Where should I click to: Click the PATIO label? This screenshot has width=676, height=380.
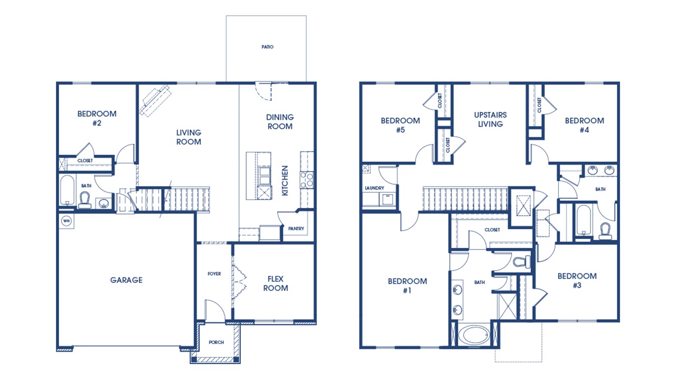click(x=267, y=47)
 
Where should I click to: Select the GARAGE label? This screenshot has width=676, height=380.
click(x=126, y=280)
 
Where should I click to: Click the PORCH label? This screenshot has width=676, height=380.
click(x=216, y=343)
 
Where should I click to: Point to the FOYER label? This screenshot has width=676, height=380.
click(x=214, y=274)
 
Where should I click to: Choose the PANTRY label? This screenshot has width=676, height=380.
click(x=296, y=229)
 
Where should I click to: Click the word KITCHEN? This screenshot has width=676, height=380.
click(x=285, y=181)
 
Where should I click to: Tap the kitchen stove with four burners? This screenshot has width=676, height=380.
click(x=307, y=180)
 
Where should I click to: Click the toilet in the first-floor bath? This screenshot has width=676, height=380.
click(x=84, y=200)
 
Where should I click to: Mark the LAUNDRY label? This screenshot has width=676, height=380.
click(x=373, y=188)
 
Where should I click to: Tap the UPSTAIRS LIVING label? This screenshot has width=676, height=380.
click(x=490, y=119)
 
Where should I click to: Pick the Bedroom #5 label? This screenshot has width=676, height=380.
click(x=400, y=125)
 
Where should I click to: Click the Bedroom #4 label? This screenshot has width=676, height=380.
click(x=584, y=125)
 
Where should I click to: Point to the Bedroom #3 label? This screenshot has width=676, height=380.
click(x=577, y=280)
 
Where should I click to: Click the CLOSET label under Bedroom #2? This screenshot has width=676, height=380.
click(x=85, y=160)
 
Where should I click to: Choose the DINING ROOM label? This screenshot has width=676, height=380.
click(x=280, y=122)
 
